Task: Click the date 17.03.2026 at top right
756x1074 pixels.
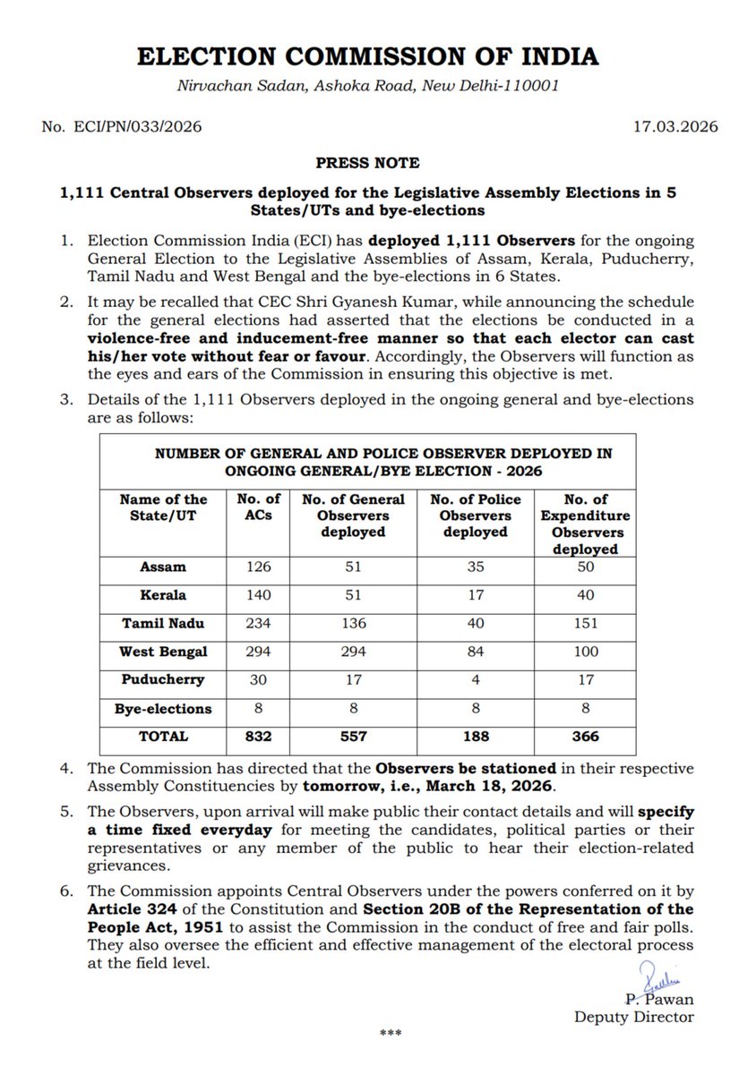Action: (674, 127)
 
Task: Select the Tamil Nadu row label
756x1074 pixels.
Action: (164, 623)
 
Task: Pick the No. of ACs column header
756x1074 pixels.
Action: (258, 507)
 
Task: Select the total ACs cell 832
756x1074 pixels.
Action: (258, 737)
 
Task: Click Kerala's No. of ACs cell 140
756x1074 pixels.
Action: (258, 595)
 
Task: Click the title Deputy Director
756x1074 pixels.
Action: (633, 1017)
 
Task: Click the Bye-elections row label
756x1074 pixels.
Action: (164, 709)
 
